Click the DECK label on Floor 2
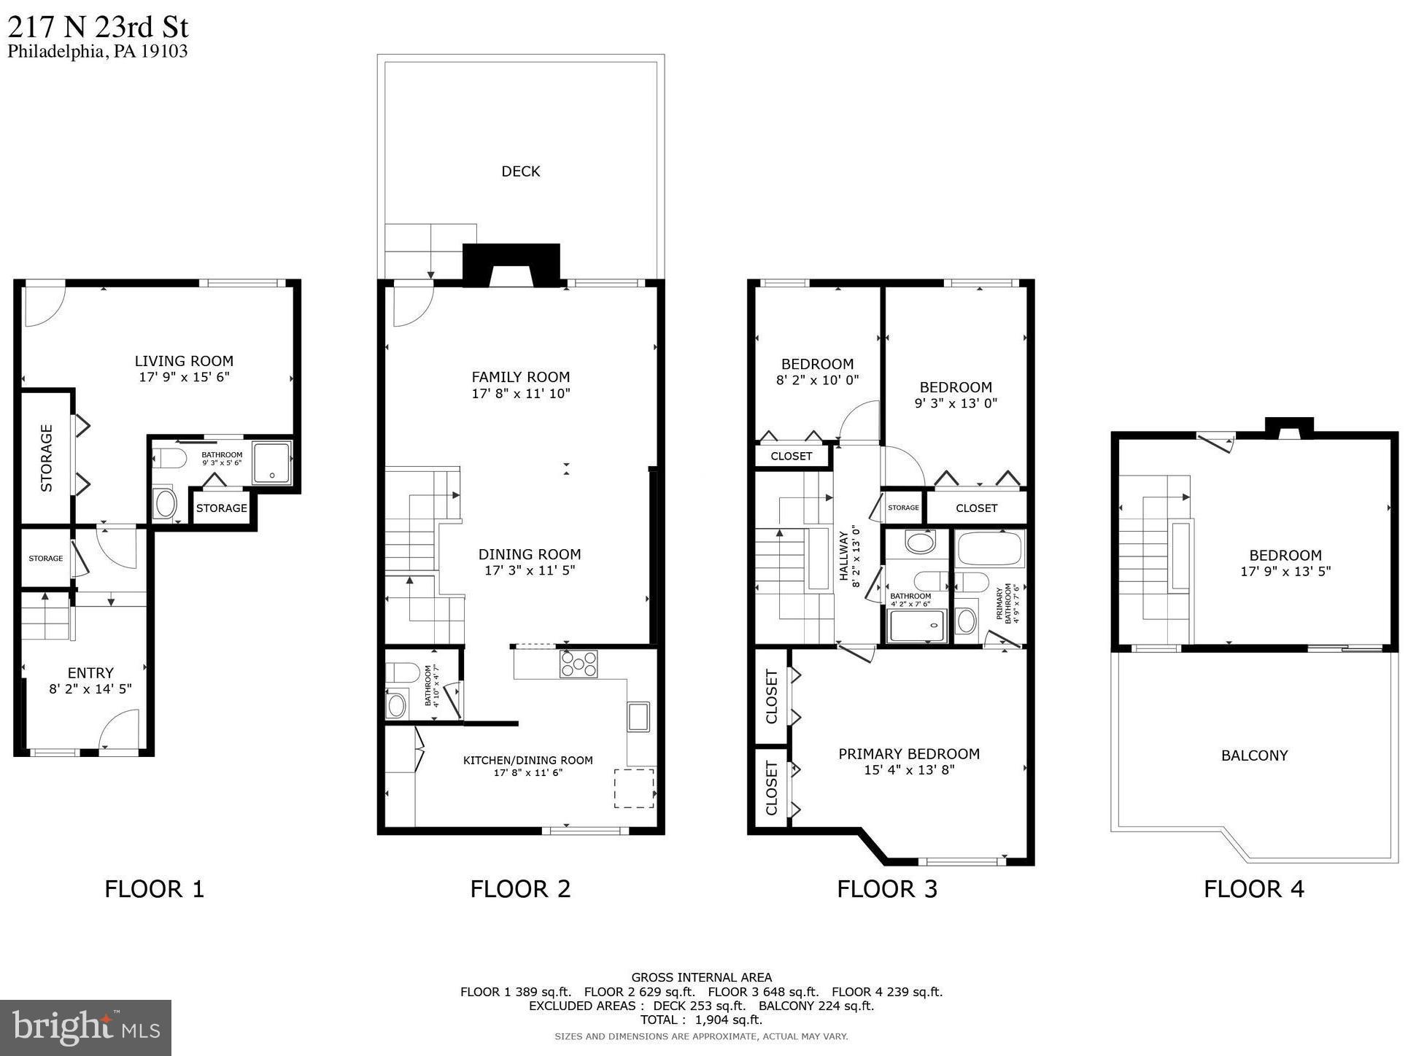point(520,171)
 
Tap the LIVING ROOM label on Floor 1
point(184,361)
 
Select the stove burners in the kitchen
point(579,664)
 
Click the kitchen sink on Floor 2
point(638,716)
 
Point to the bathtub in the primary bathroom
point(990,548)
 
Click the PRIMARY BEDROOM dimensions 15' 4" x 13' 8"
point(909,770)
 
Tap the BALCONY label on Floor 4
point(1254,756)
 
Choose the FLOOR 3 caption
point(886,889)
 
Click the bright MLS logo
point(85,1028)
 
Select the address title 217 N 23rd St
point(98,28)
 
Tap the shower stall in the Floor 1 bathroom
point(272,462)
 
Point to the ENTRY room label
point(90,672)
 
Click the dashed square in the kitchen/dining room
point(633,788)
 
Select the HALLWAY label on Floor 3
point(844,555)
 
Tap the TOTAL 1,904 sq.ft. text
point(700,1020)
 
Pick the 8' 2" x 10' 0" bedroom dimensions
point(817,380)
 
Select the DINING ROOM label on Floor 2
point(530,554)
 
